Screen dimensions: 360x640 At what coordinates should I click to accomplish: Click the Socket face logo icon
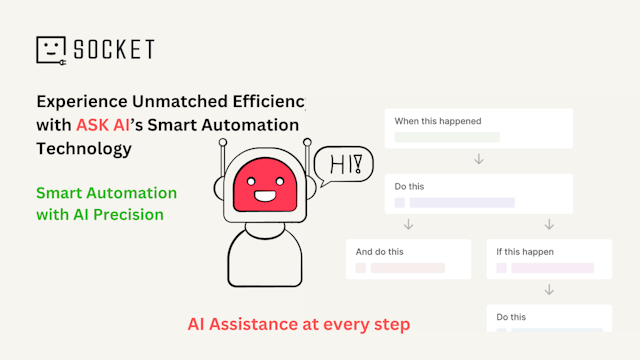click(x=51, y=50)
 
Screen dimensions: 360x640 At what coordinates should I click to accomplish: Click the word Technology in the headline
click(x=83, y=149)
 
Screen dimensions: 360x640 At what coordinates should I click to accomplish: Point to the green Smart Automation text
click(x=106, y=192)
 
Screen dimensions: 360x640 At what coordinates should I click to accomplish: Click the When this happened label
click(x=438, y=122)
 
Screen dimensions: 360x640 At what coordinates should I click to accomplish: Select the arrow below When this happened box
click(x=479, y=159)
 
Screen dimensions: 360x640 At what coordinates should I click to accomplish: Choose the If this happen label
click(x=525, y=252)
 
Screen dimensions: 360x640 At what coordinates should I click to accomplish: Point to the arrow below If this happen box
click(x=549, y=290)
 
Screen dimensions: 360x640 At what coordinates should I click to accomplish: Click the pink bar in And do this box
click(x=408, y=268)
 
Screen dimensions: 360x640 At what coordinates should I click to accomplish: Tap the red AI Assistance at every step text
click(x=299, y=324)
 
